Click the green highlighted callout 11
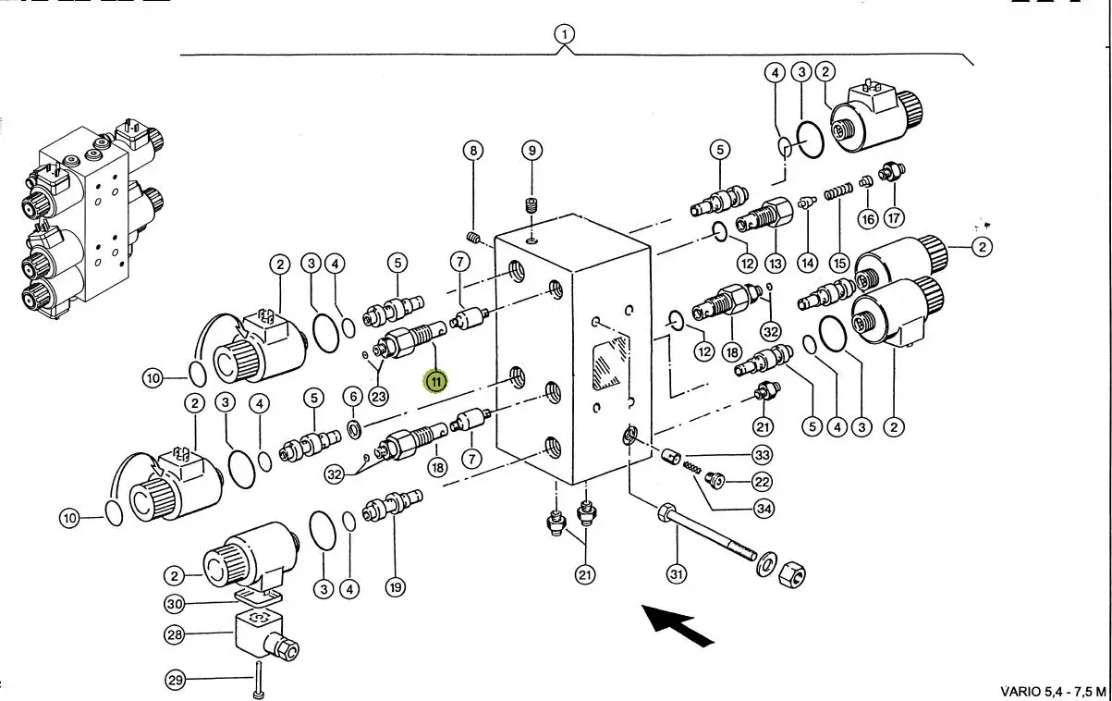(435, 380)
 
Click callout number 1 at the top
(564, 35)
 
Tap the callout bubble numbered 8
(472, 151)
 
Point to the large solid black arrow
(678, 624)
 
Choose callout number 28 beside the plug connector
(175, 635)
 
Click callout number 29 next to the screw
(175, 682)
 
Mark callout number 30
(175, 604)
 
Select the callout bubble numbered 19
(396, 586)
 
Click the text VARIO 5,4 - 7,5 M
(1052, 691)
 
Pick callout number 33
(762, 455)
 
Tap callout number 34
(762, 508)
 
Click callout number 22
(762, 481)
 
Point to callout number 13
(775, 264)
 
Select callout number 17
(893, 218)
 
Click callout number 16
(867, 218)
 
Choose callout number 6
(353, 397)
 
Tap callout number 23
(378, 396)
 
